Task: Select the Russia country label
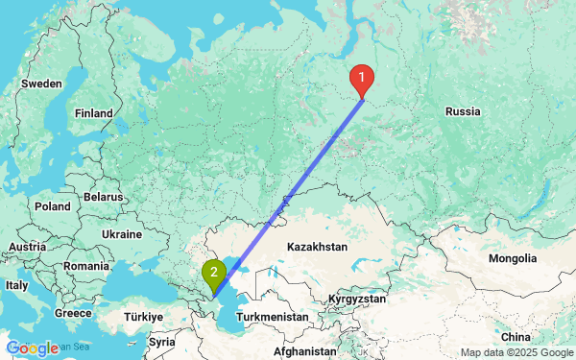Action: point(463,112)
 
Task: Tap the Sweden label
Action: point(41,84)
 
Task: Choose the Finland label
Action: point(95,112)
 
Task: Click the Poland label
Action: point(52,205)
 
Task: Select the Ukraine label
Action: point(122,233)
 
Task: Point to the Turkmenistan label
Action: point(275,316)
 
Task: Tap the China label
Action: point(516,337)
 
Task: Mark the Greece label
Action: point(73,312)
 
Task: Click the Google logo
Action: point(32,348)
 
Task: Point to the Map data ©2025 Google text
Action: point(515,352)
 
